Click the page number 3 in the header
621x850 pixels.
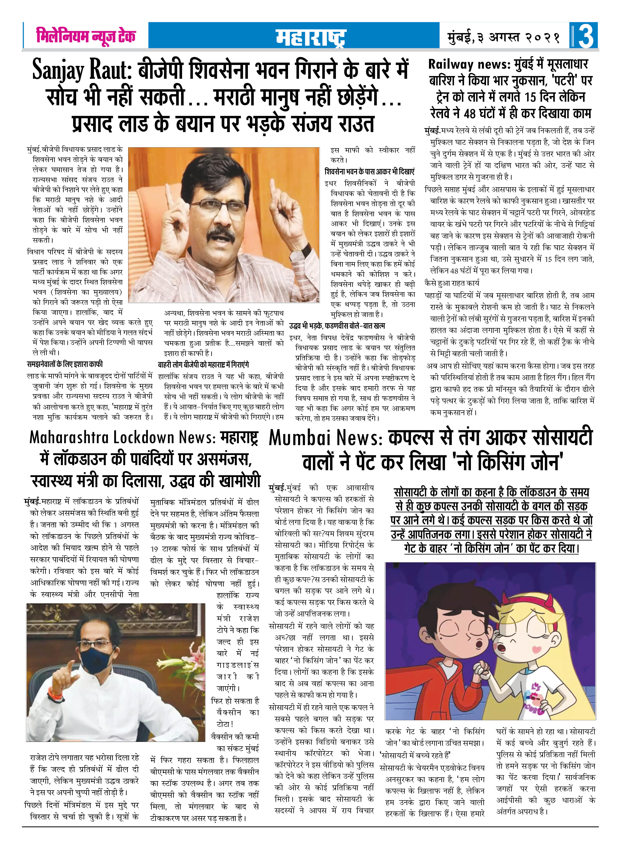pyautogui.click(x=586, y=36)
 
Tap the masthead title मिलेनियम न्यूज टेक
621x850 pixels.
pyautogui.click(x=86, y=36)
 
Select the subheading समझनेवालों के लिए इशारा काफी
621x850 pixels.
pyautogui.click(x=65, y=364)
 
